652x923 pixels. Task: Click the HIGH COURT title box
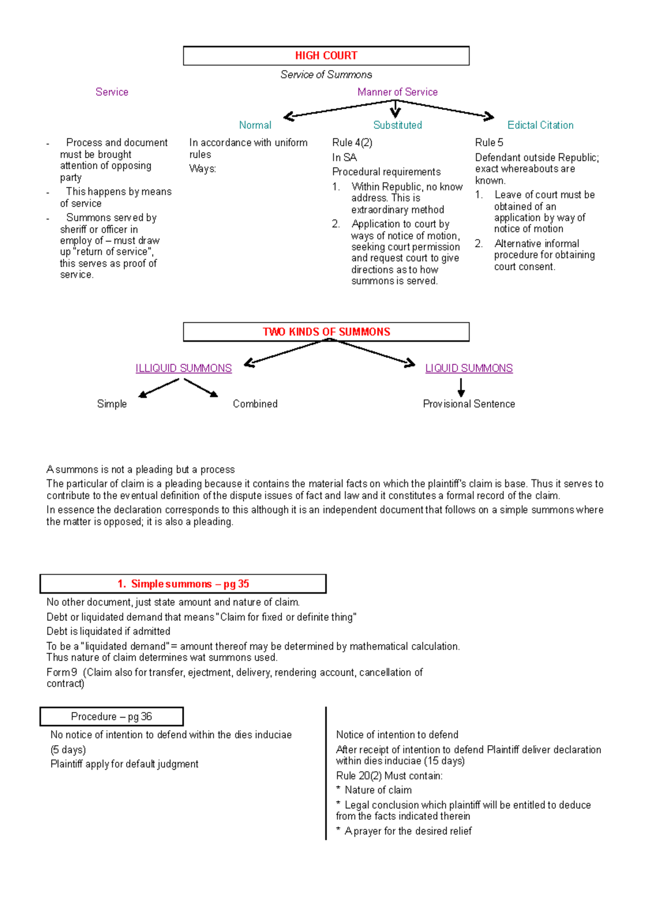click(326, 56)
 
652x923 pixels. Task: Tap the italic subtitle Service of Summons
click(326, 74)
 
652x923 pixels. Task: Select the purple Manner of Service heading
click(397, 92)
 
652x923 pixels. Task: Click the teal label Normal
click(255, 125)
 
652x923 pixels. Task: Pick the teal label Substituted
click(397, 125)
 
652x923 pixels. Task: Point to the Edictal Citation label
click(540, 125)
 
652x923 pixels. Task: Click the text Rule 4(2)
click(352, 142)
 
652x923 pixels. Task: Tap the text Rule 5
click(489, 142)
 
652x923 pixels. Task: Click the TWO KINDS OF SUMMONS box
click(326, 332)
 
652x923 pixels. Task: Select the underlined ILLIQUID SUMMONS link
click(184, 368)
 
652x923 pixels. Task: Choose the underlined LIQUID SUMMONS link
click(468, 368)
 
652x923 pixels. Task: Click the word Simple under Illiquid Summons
click(112, 404)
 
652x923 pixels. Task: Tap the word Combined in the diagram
click(255, 404)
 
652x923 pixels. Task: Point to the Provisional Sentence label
click(468, 404)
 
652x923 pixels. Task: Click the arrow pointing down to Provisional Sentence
click(461, 387)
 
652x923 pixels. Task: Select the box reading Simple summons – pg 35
click(183, 584)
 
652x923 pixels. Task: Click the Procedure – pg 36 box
click(111, 716)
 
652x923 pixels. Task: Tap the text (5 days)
click(68, 750)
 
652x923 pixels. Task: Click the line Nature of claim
click(378, 790)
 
